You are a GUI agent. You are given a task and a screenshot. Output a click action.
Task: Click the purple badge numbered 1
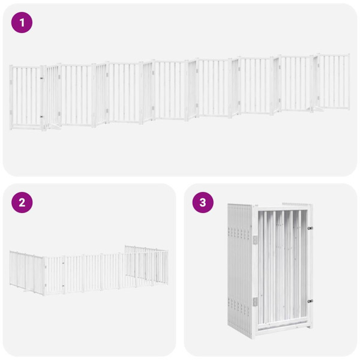click(22, 23)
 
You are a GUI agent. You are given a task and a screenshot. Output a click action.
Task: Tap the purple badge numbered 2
click(22, 202)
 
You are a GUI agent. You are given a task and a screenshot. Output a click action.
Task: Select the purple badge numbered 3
click(203, 202)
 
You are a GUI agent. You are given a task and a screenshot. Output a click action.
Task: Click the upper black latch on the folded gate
click(310, 229)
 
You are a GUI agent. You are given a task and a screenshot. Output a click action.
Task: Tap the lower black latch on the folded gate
click(310, 301)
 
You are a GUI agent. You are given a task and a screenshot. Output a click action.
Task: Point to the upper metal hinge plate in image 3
click(255, 239)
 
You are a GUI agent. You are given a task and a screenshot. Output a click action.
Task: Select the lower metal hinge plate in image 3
click(255, 301)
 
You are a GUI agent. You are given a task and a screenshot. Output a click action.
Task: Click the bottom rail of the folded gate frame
click(282, 328)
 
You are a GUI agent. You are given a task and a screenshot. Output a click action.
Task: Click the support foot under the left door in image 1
click(53, 126)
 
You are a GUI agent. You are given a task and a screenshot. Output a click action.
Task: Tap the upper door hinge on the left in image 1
click(41, 79)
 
